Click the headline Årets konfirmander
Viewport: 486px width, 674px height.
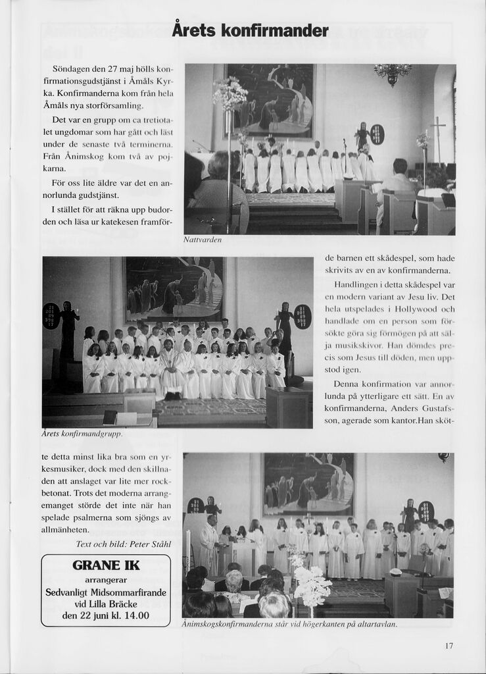pos(250,31)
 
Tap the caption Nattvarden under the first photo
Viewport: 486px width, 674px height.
pos(203,240)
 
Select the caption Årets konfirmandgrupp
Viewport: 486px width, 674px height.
pos(82,434)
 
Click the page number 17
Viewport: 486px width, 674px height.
pos(449,646)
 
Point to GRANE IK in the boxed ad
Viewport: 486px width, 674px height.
pos(106,565)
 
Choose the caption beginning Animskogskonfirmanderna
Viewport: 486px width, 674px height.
pos(289,623)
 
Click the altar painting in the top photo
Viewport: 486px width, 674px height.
pos(270,100)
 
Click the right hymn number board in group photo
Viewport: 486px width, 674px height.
pos(303,316)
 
